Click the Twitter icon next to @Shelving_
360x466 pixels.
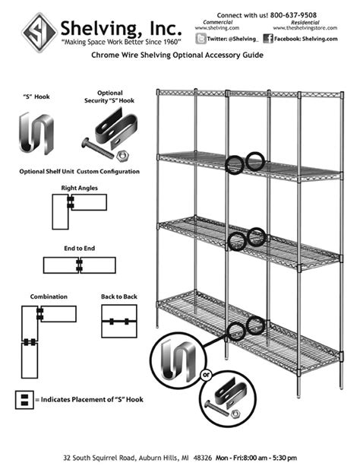(x=200, y=37)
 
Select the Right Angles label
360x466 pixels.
(x=78, y=186)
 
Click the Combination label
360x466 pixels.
(x=49, y=296)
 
